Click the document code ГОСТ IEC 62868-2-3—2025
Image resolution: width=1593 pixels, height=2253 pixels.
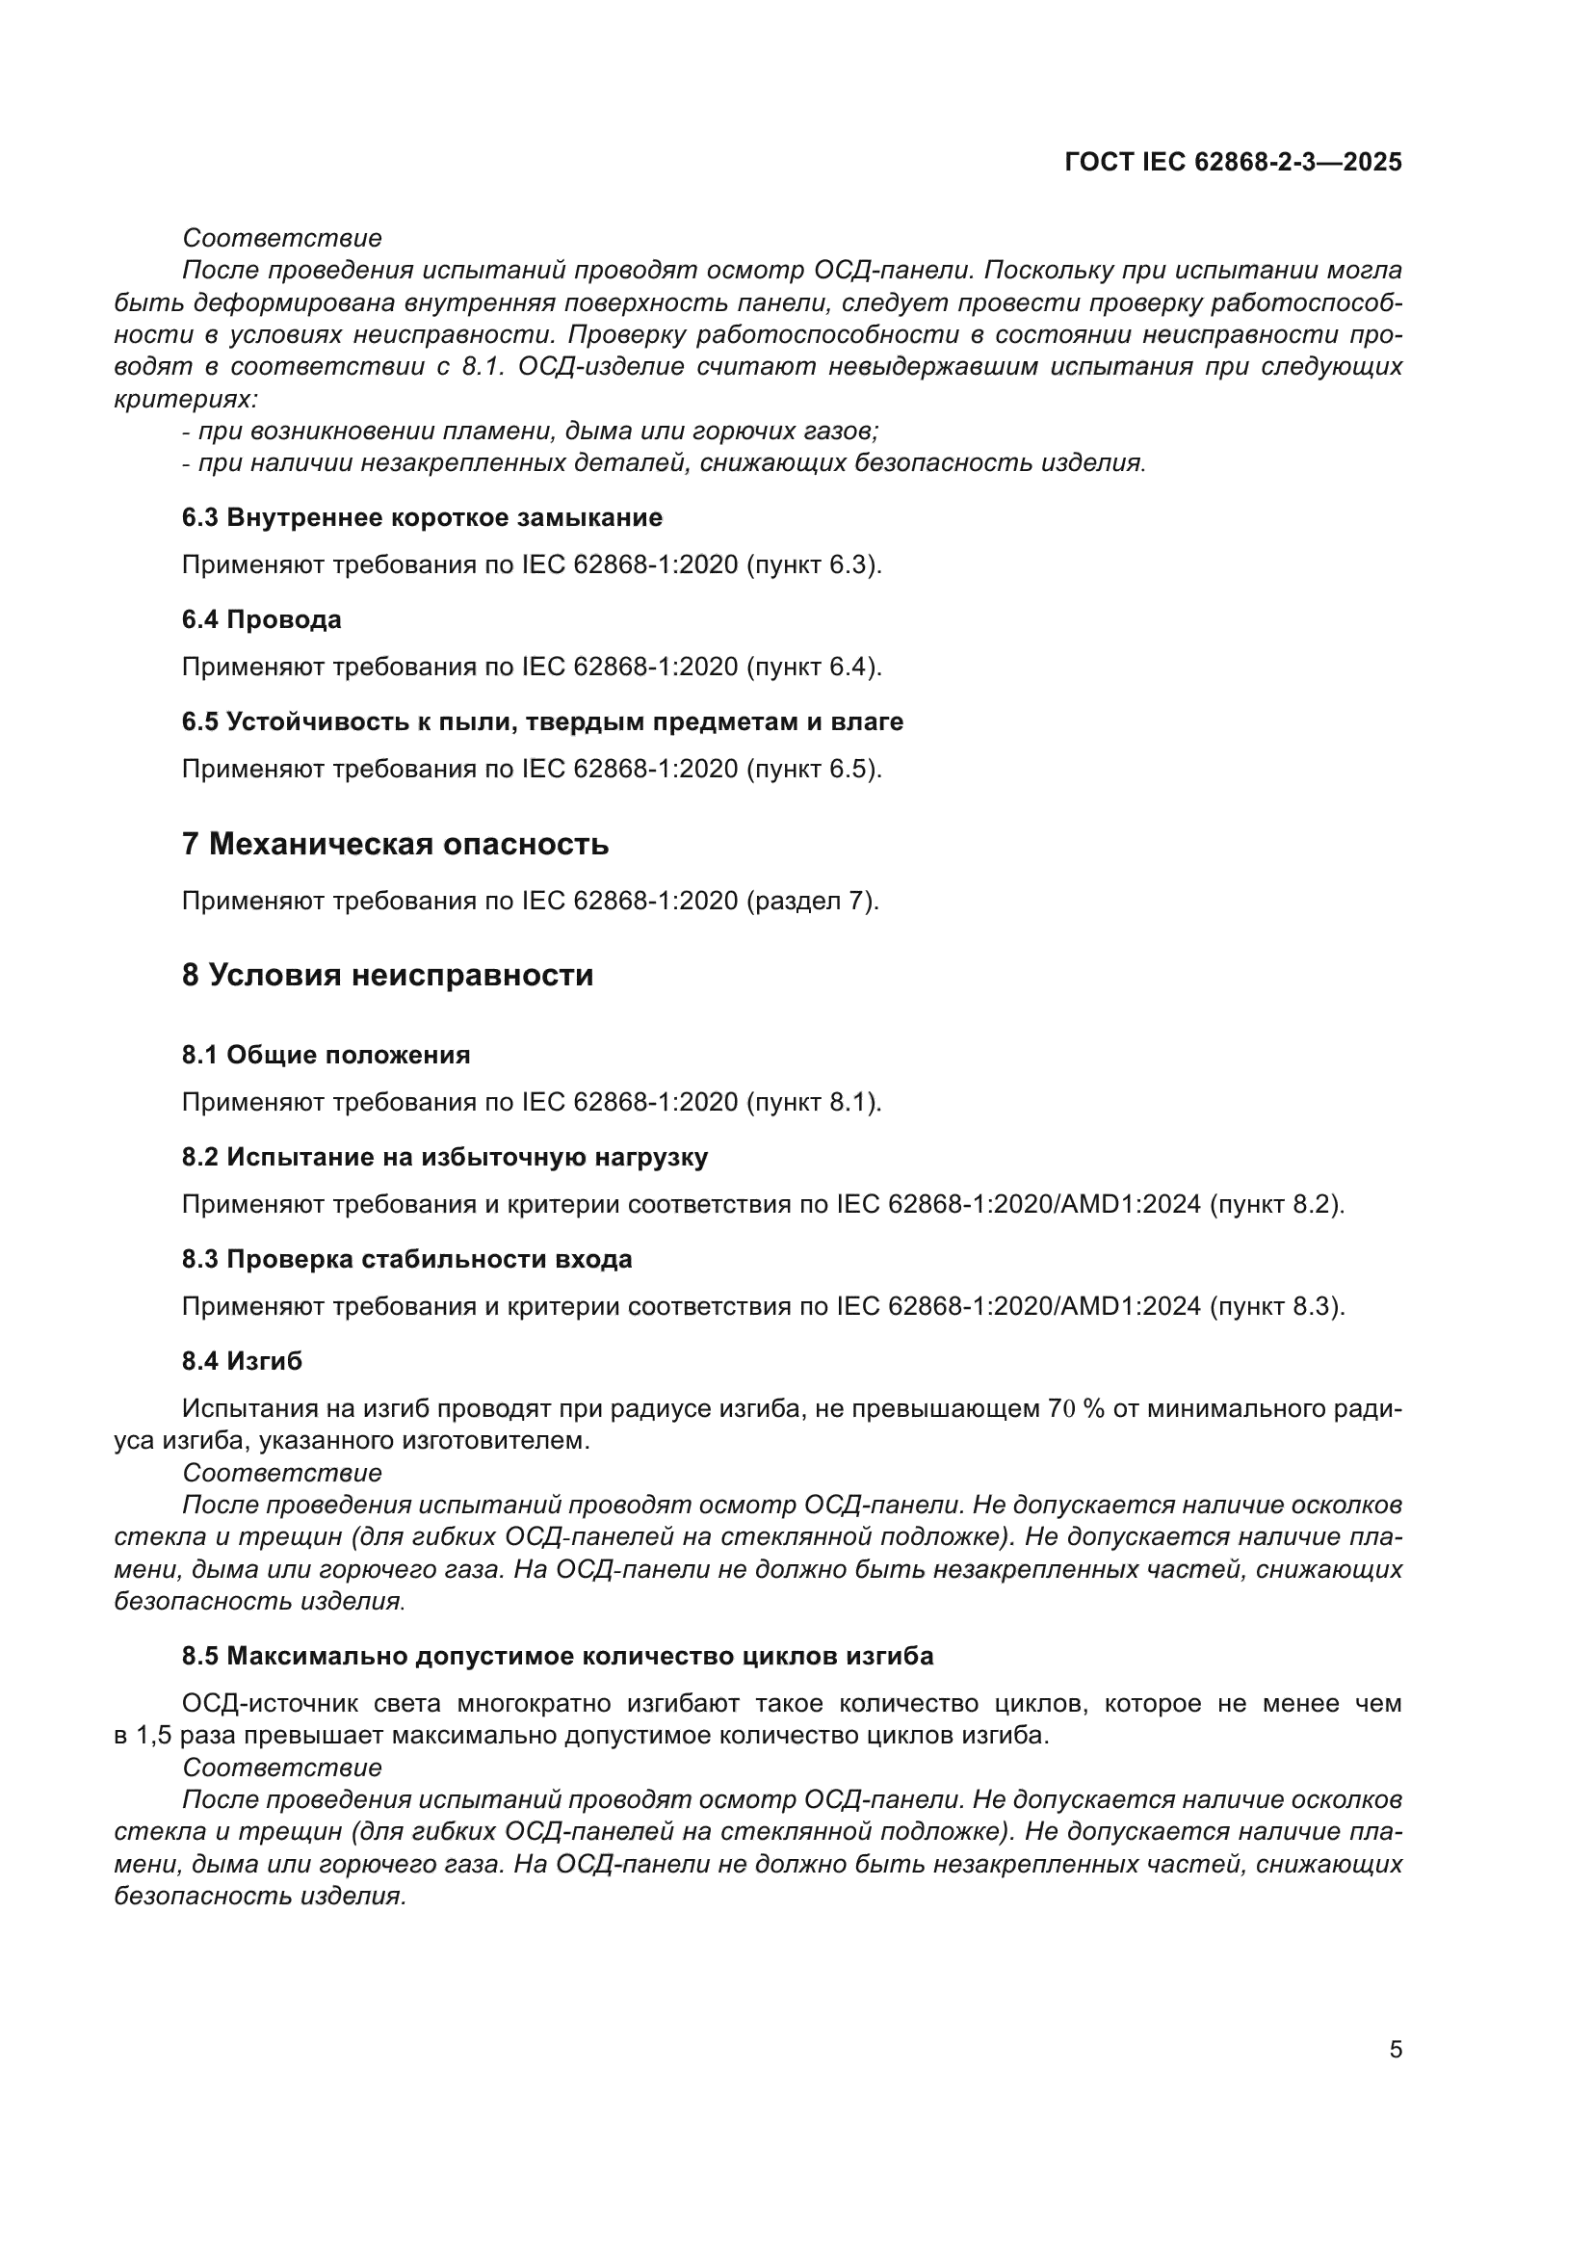click(1233, 162)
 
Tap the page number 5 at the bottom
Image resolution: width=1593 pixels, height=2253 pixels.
click(1395, 2049)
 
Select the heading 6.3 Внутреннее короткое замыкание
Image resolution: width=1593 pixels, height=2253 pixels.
click(422, 517)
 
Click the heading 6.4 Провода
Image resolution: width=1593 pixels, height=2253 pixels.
click(262, 619)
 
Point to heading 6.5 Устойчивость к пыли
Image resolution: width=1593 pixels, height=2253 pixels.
click(541, 721)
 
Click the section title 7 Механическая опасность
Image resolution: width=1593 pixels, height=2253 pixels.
click(395, 843)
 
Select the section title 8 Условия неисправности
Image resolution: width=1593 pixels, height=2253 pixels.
click(387, 975)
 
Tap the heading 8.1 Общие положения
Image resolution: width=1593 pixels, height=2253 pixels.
click(326, 1055)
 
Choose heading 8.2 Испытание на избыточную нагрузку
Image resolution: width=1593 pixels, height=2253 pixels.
click(444, 1157)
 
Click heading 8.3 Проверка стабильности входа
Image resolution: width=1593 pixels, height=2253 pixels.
click(406, 1259)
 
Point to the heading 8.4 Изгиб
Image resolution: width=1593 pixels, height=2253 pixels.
click(243, 1361)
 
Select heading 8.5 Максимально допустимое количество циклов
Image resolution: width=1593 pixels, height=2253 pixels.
click(557, 1656)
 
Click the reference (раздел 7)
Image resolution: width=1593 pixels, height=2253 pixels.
click(812, 901)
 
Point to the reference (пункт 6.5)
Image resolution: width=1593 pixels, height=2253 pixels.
click(814, 769)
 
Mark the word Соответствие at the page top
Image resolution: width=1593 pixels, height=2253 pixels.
click(282, 238)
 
